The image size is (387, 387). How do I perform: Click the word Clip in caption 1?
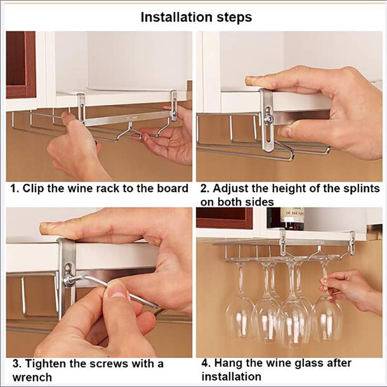(33, 189)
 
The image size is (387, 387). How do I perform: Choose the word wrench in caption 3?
(32, 377)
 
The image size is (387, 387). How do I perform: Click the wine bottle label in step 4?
(292, 213)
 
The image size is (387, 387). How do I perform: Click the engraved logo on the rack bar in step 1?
(130, 118)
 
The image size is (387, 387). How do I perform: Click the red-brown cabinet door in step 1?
(21, 65)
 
